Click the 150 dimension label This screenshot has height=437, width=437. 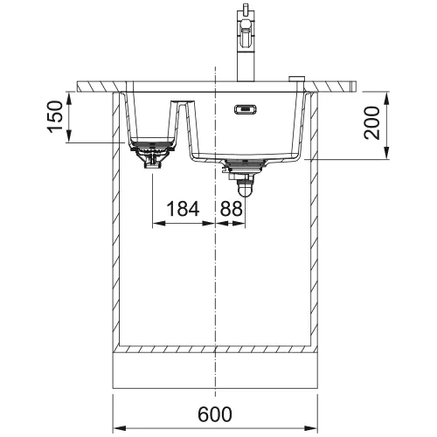tap(56, 117)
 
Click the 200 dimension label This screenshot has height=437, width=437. tap(372, 123)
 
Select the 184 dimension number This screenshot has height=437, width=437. tap(183, 209)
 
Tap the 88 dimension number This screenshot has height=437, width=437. tap(231, 209)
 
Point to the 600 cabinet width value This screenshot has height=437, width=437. tap(215, 414)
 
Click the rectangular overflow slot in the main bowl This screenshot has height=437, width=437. tap(246, 109)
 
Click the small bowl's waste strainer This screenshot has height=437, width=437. tap(153, 154)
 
